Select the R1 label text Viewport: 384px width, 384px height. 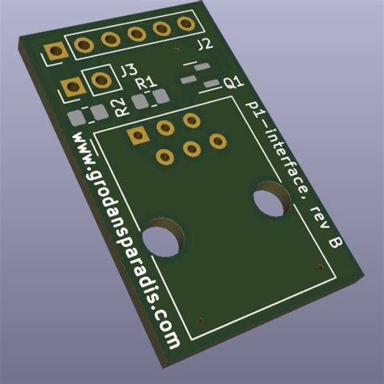point(145,83)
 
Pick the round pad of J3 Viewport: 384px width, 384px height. point(101,79)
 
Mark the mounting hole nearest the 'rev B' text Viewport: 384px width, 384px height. point(272,199)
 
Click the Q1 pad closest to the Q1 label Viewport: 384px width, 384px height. point(211,84)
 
